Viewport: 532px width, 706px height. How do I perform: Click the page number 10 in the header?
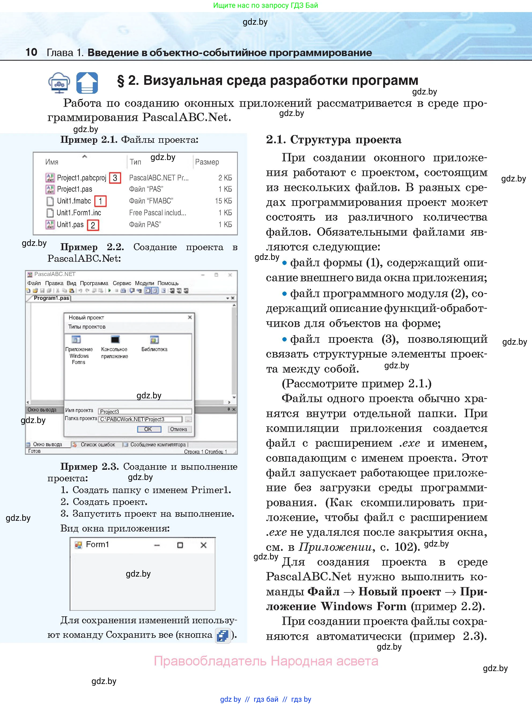31,52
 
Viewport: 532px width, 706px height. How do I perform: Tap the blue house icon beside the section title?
87,83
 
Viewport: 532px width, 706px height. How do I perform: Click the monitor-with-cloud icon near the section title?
59,83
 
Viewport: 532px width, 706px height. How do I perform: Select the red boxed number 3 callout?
115,178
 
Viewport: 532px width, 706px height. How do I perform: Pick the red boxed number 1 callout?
100,201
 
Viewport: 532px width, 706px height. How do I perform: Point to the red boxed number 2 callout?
93,225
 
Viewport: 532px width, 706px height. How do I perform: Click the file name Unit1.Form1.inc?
79,213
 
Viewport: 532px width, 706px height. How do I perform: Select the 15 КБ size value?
223,201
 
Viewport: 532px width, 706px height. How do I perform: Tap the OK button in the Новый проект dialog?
148,429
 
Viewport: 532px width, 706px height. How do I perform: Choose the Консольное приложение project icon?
115,340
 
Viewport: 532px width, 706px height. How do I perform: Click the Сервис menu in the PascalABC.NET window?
122,283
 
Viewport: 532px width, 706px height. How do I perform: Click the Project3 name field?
145,412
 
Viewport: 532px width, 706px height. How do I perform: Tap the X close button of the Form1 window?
203,545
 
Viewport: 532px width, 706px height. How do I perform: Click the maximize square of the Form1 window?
180,545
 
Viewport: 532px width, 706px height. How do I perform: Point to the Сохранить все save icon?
223,635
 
